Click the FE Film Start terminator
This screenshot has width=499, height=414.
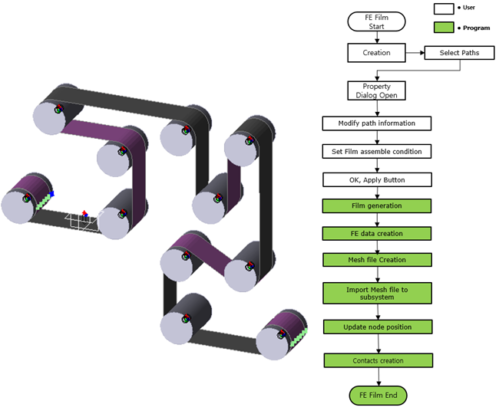pyautogui.click(x=376, y=21)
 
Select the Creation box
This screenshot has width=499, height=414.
pyautogui.click(x=376, y=53)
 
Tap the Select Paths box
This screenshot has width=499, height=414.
pyautogui.click(x=460, y=53)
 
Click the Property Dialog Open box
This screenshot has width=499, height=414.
pyautogui.click(x=376, y=91)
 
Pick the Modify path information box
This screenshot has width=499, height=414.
pyautogui.click(x=377, y=123)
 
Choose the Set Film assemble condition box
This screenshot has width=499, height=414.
pyautogui.click(x=377, y=152)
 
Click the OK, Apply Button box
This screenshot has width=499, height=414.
pyautogui.click(x=377, y=180)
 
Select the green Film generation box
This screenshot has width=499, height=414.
pyautogui.click(x=377, y=206)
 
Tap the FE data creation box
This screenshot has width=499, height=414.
pyautogui.click(x=377, y=234)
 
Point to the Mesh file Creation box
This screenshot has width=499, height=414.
pyautogui.click(x=377, y=260)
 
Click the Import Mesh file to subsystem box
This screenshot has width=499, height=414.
pyautogui.click(x=377, y=294)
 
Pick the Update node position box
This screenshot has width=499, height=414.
pyautogui.click(x=378, y=327)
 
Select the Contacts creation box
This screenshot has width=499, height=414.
pyautogui.click(x=378, y=360)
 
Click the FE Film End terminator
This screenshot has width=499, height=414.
pyautogui.click(x=378, y=396)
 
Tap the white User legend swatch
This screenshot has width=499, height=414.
pyautogui.click(x=444, y=9)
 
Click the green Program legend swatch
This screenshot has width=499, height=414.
pyautogui.click(x=444, y=28)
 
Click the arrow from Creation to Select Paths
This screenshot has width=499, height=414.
pyautogui.click(x=415, y=53)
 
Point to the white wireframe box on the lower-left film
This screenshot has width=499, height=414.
pyautogui.click(x=84, y=220)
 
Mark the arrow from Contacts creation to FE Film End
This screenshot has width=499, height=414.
pyautogui.click(x=378, y=377)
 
